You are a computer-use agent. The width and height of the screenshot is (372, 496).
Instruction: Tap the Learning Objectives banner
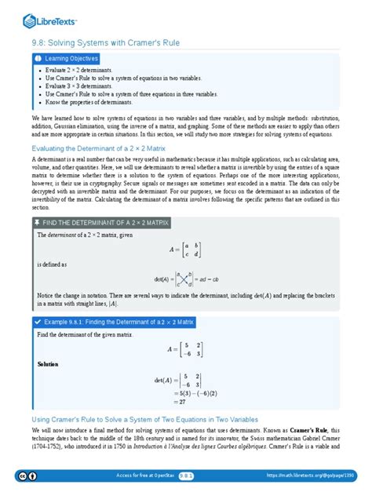point(67,59)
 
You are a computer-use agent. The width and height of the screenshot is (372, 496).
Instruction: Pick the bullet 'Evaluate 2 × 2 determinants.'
point(78,71)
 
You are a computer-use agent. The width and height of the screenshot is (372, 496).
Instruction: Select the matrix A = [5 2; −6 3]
point(186,349)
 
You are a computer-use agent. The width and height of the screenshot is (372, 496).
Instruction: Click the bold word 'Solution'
point(48,365)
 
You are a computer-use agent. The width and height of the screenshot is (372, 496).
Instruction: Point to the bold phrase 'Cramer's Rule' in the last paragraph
point(311,431)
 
